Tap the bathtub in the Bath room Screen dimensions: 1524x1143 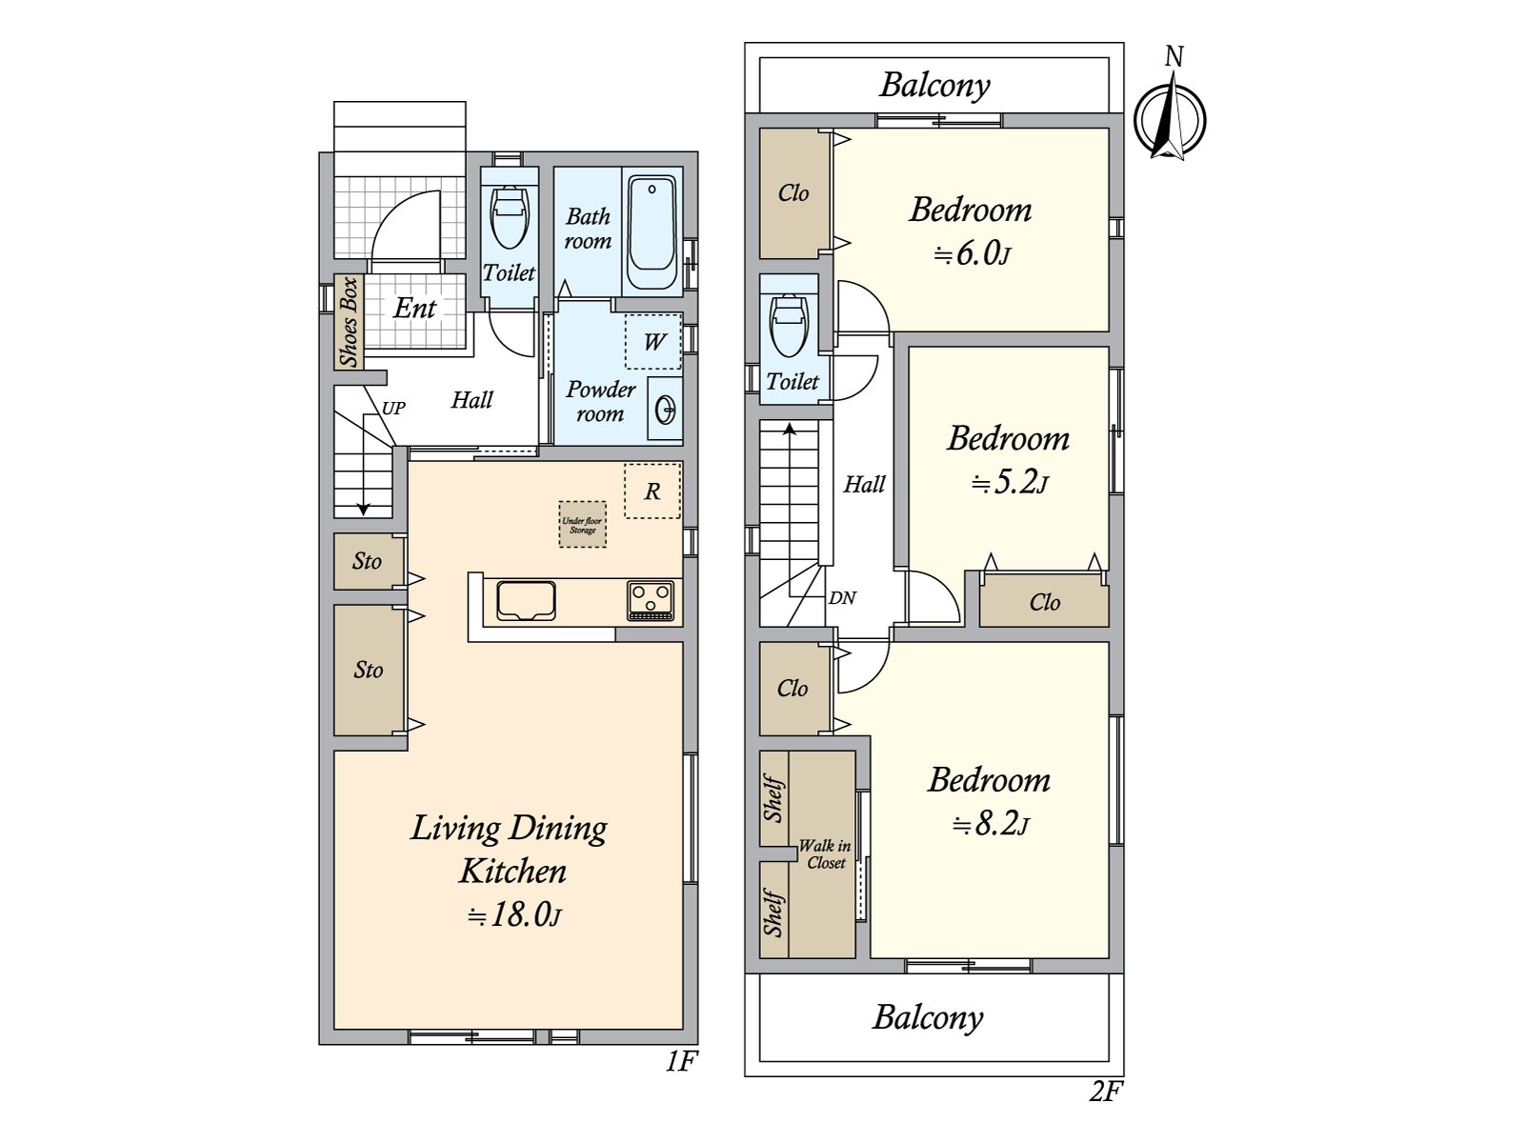[x=652, y=232]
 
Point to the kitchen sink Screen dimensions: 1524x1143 [x=527, y=601]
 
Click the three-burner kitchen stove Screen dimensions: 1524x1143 [x=651, y=600]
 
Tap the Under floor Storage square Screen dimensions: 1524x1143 [x=583, y=525]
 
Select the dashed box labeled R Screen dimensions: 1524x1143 [x=652, y=491]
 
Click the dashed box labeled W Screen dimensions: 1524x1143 [x=652, y=341]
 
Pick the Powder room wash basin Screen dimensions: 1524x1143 [x=665, y=409]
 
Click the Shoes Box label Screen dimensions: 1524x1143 [x=350, y=322]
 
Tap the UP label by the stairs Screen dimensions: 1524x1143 [x=393, y=408]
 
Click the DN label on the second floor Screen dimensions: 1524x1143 [x=842, y=597]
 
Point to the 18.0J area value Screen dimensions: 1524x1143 [x=513, y=914]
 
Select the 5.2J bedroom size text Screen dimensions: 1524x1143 [x=1009, y=482]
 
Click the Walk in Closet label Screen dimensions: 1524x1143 [x=825, y=854]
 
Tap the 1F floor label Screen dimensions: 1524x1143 [x=681, y=1061]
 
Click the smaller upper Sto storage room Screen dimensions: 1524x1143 [x=369, y=561]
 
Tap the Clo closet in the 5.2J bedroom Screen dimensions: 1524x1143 [x=1044, y=599]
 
